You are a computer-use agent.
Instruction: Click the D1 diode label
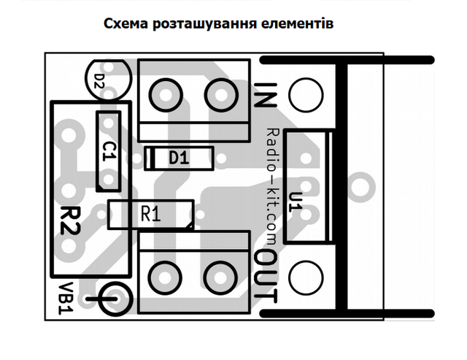pos(179,158)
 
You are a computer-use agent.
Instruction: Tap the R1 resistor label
pos(151,214)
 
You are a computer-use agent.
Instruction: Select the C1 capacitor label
pos(109,151)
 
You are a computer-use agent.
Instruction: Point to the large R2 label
pos(71,221)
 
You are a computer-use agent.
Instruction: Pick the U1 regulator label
pos(296,202)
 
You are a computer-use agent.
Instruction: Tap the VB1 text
pos(66,299)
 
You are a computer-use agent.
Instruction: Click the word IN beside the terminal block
pos(265,95)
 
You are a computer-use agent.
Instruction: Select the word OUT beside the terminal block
pos(265,277)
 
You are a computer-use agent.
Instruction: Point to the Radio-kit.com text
pos(272,186)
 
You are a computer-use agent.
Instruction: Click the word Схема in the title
pos(126,23)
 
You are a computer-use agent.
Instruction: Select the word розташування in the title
pos(204,24)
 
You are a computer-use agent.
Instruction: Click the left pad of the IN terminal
pos(166,96)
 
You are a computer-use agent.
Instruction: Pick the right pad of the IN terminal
pos(221,96)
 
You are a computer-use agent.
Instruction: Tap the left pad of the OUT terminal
pos(165,277)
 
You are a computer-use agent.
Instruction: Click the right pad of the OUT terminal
pos(220,277)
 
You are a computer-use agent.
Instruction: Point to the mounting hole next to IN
pos(306,95)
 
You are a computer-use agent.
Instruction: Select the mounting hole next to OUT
pos(306,277)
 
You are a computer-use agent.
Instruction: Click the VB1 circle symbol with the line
pos(115,299)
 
